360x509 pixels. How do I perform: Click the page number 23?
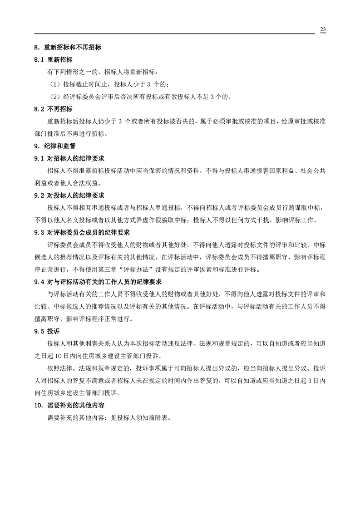323,29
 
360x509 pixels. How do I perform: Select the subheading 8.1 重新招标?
54,59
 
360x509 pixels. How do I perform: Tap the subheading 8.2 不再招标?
54,109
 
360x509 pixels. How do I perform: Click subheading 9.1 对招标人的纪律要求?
69,158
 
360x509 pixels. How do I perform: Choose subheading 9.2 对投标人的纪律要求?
69,196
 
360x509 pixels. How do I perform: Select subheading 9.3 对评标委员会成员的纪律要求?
82,232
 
